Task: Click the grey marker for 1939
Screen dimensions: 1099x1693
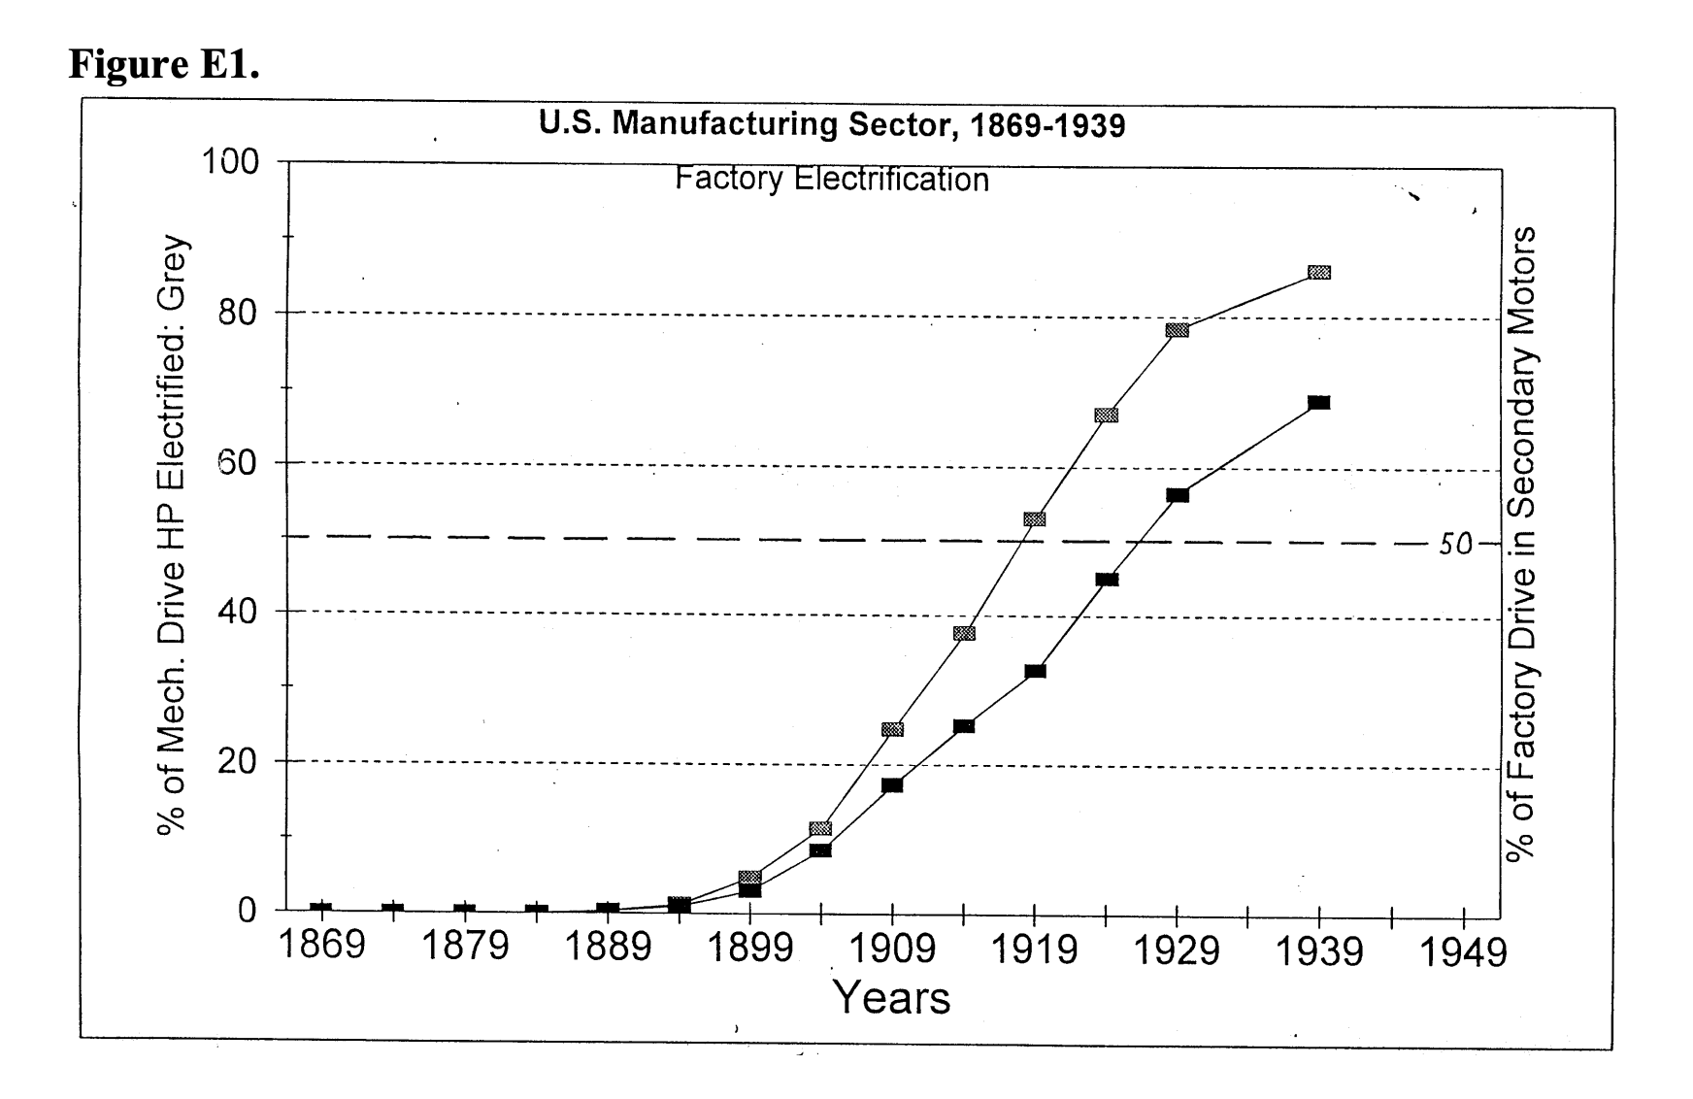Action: point(1318,273)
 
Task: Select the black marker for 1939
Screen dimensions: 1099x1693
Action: point(1318,402)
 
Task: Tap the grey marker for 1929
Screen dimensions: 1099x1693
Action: point(1177,330)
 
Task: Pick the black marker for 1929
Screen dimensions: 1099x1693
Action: point(1177,495)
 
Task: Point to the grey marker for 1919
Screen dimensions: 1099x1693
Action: point(1035,519)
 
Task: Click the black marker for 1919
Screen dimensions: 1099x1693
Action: point(1035,671)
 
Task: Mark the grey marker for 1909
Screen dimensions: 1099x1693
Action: point(892,729)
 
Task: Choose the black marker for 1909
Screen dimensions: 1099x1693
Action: point(892,784)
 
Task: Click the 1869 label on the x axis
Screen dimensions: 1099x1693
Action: point(321,945)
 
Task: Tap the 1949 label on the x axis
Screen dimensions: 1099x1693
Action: point(1463,952)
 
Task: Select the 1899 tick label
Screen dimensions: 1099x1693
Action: point(749,948)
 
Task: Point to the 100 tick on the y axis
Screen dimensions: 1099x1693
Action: point(230,161)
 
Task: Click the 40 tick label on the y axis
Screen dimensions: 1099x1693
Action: point(236,612)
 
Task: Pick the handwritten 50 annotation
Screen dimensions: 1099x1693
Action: point(1455,545)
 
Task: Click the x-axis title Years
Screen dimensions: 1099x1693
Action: point(892,998)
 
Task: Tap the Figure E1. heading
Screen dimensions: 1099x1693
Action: point(163,64)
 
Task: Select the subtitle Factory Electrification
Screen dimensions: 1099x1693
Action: point(832,180)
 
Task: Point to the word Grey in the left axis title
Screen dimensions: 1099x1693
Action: point(173,271)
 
